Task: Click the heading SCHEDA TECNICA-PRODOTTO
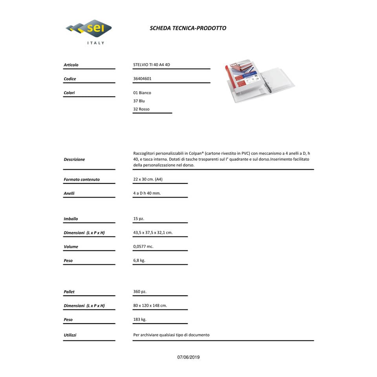pyautogui.click(x=188, y=28)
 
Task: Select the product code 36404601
pyautogui.click(x=142, y=79)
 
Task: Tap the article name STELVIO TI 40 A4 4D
pyautogui.click(x=152, y=65)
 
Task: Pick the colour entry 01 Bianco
pyautogui.click(x=142, y=93)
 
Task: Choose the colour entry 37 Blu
pyautogui.click(x=139, y=101)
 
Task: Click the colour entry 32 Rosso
pyautogui.click(x=141, y=109)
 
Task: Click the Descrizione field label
pyautogui.click(x=74, y=159)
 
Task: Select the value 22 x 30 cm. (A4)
pyautogui.click(x=148, y=179)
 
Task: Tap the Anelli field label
pyautogui.click(x=69, y=193)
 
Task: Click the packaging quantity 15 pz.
pyautogui.click(x=139, y=219)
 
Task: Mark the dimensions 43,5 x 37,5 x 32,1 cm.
pyautogui.click(x=153, y=232)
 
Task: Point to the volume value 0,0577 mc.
pyautogui.click(x=143, y=247)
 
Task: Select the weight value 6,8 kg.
pyautogui.click(x=139, y=260)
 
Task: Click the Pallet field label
pyautogui.click(x=69, y=292)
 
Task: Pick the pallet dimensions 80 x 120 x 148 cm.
pyautogui.click(x=150, y=306)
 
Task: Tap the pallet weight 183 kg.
pyautogui.click(x=140, y=320)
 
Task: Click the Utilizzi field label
pyautogui.click(x=70, y=335)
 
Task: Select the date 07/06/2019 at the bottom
pyautogui.click(x=188, y=357)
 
